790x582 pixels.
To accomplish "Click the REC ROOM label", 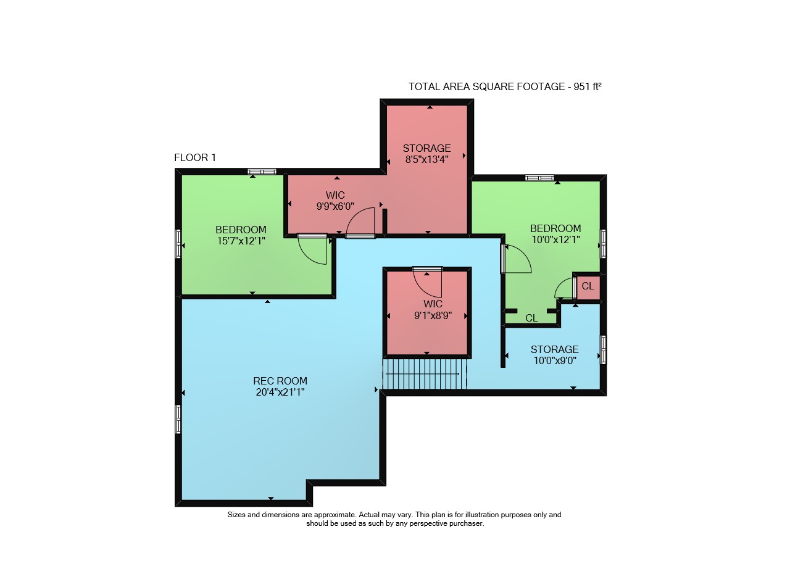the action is [280, 381].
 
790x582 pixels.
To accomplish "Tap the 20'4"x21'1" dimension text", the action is [280, 393].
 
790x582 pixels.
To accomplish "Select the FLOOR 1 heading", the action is [195, 157].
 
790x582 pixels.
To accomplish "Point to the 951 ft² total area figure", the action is [587, 87].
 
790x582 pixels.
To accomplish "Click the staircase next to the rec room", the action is [425, 374].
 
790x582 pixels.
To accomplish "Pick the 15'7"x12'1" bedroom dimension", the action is [241, 241].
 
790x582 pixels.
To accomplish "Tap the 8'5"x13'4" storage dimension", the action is [426, 159].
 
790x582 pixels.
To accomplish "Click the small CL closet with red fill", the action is [588, 286].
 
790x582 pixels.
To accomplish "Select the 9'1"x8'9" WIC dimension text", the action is [433, 315].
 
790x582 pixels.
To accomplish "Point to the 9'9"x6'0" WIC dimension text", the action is [335, 206].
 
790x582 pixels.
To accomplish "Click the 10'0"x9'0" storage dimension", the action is [555, 361].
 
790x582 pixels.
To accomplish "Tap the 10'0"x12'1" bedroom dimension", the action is [556, 240].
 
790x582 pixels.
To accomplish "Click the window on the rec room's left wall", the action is [178, 420].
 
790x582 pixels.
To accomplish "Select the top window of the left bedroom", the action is [262, 172].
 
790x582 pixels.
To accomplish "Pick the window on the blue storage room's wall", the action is [604, 350].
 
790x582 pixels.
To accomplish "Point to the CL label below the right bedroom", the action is [531, 318].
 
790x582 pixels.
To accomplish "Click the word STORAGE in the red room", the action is [426, 148].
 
